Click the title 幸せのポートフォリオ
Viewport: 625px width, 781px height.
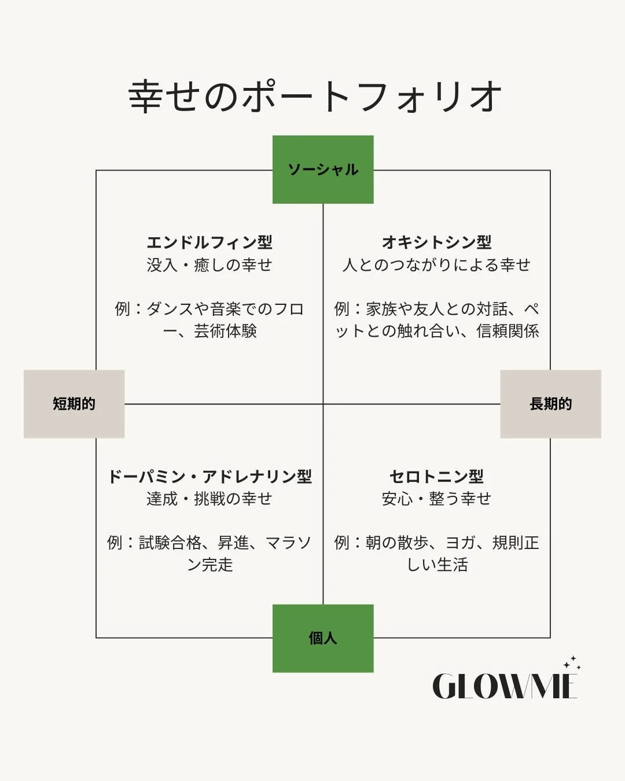point(314,96)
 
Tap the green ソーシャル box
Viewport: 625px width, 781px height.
point(323,170)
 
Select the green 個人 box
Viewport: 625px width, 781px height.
point(323,638)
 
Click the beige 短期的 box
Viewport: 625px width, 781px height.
point(74,404)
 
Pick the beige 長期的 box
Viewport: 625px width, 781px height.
point(550,404)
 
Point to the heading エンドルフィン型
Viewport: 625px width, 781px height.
point(209,242)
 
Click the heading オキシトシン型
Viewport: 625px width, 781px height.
point(436,242)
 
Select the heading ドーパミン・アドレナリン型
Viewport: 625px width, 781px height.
point(209,476)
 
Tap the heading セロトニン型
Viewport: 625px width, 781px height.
point(436,476)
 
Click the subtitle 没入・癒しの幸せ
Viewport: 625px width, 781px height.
point(209,265)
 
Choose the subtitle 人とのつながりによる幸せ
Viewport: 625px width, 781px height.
point(436,265)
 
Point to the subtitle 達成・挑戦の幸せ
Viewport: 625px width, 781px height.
point(209,499)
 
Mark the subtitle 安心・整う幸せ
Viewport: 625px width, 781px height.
point(436,499)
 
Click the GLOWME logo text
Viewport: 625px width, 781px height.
point(504,686)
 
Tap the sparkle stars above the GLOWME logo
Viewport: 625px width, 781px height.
point(572,663)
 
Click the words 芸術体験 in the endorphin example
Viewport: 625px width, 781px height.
point(225,331)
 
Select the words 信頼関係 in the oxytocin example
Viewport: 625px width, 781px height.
point(508,331)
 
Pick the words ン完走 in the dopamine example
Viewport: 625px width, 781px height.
point(209,565)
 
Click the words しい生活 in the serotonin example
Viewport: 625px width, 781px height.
point(437,565)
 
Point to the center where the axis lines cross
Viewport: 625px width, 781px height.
point(323,404)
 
